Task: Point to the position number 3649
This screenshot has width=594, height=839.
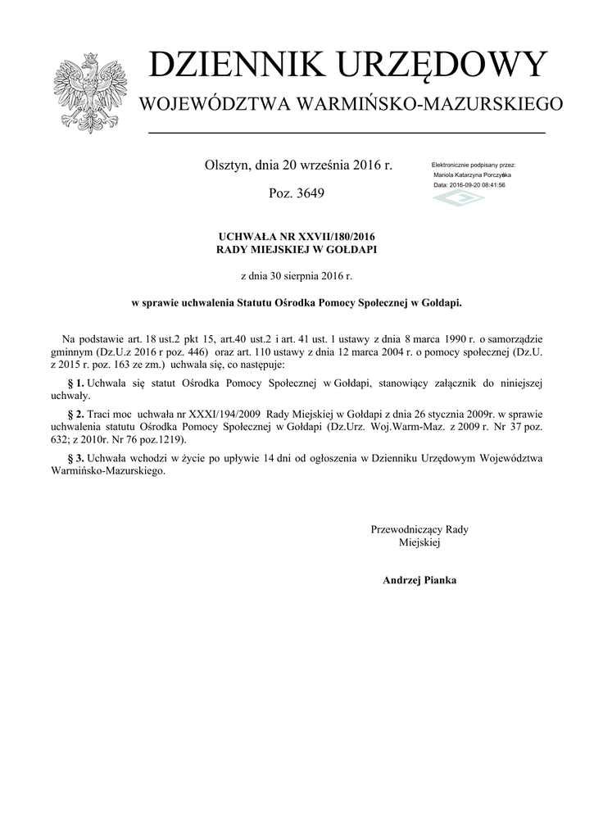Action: pyautogui.click(x=310, y=194)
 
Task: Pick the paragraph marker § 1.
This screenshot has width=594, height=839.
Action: pyautogui.click(x=75, y=383)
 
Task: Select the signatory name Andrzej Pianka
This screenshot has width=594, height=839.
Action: pyautogui.click(x=419, y=580)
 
